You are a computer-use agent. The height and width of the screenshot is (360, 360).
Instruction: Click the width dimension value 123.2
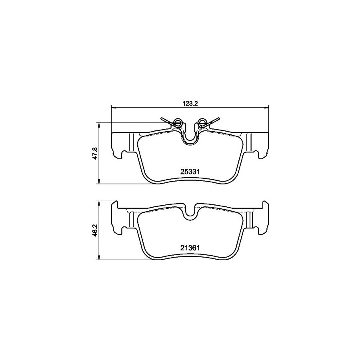click(x=190, y=103)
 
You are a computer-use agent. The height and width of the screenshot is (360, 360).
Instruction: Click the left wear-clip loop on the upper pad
click(x=178, y=123)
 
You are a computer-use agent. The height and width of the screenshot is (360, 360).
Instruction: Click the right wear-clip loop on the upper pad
click(x=202, y=123)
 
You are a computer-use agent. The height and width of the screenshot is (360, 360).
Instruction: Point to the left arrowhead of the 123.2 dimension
click(x=114, y=107)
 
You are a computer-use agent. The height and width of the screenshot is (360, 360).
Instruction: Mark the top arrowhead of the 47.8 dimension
click(x=99, y=126)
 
